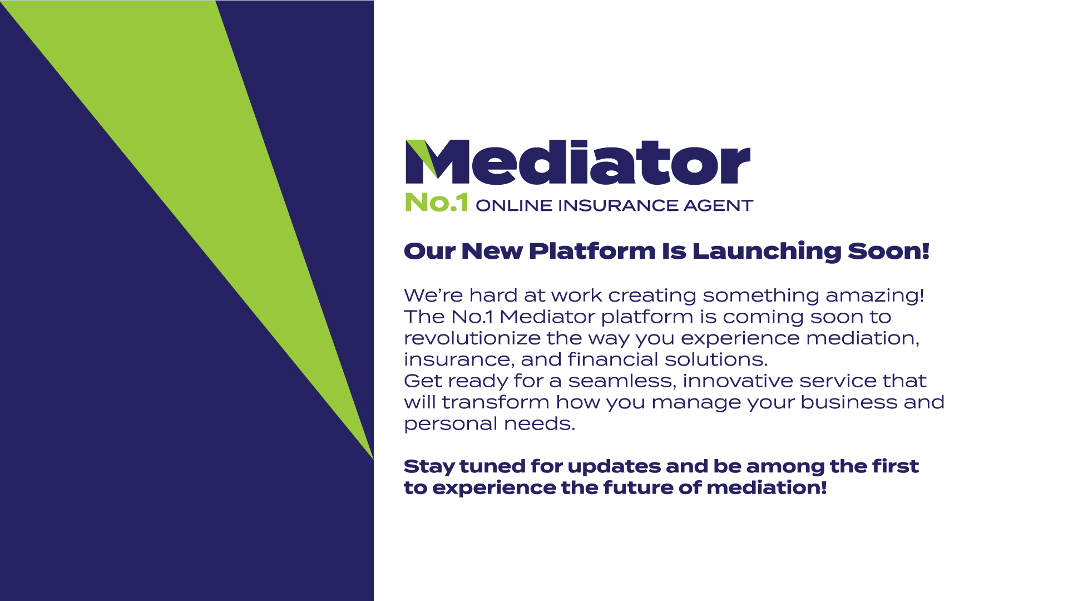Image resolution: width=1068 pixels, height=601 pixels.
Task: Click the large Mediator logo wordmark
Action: (578, 162)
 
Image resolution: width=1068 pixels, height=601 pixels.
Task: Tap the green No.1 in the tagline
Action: (437, 203)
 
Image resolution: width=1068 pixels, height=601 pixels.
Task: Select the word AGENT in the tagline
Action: (718, 205)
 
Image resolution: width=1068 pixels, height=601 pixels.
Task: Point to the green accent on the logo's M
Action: (422, 157)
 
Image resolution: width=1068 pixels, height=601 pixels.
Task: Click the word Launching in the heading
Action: (767, 252)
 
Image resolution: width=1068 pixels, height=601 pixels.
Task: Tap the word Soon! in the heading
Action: (888, 251)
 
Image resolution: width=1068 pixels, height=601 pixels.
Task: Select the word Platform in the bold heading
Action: (592, 251)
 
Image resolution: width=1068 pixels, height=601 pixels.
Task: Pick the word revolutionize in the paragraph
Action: (472, 338)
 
